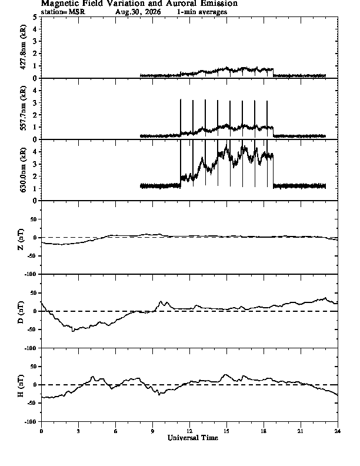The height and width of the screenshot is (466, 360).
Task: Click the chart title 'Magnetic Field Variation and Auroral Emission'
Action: point(139,4)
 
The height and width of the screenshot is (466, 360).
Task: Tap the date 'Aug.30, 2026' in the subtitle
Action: point(138,12)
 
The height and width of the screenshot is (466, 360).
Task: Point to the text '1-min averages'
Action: point(202,12)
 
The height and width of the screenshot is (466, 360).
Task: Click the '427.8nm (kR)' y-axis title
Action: point(23,47)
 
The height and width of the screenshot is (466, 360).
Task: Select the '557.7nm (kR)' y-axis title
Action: point(23,108)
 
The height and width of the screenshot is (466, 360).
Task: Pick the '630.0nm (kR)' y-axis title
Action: point(23,169)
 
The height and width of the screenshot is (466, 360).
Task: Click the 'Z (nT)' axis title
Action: point(21,239)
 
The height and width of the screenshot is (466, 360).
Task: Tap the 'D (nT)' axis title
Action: point(21,312)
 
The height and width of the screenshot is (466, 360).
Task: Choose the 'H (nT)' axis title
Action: point(21,386)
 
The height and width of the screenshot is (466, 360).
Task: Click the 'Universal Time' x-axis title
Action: point(193,438)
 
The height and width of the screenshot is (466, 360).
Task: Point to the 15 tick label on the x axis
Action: point(226,431)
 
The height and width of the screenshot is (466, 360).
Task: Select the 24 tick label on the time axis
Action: point(338,431)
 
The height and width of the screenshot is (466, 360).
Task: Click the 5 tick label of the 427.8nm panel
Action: point(35,17)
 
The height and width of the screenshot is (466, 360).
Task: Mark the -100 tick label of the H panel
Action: point(31,421)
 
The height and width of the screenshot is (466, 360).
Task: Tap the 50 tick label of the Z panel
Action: point(34,219)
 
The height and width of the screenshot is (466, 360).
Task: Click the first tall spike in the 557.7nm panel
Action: point(181,118)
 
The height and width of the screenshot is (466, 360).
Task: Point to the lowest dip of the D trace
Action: point(73,331)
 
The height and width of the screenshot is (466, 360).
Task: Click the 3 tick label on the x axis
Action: point(78,431)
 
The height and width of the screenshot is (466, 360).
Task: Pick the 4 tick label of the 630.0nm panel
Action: point(35,152)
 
